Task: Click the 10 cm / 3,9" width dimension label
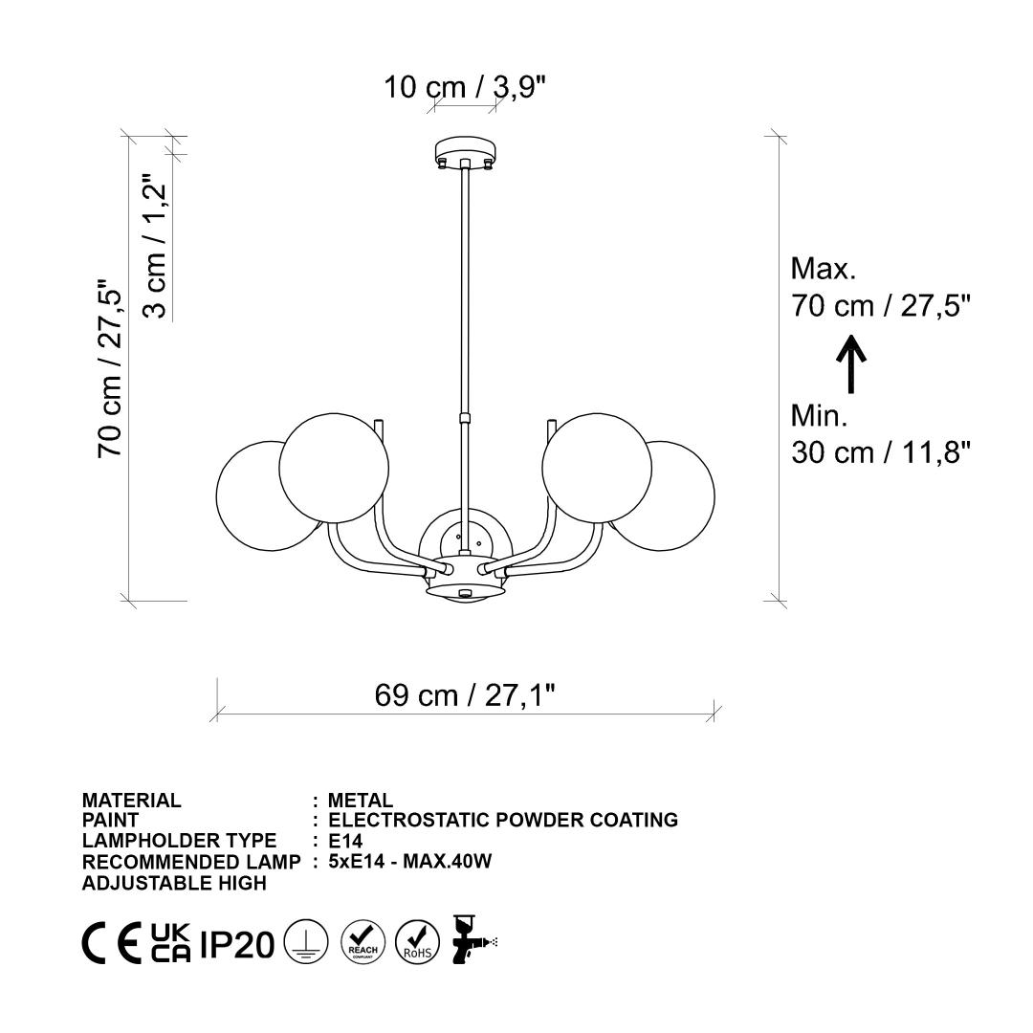pos(465,87)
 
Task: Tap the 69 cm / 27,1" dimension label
pos(465,695)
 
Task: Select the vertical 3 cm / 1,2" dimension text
pos(156,247)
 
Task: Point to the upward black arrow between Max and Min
pos(851,364)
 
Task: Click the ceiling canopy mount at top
pos(465,151)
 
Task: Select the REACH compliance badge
pos(363,942)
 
